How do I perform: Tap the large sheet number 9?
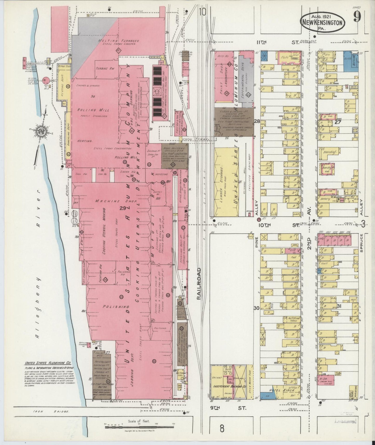click(x=357, y=18)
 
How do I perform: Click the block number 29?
click(x=122, y=208)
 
